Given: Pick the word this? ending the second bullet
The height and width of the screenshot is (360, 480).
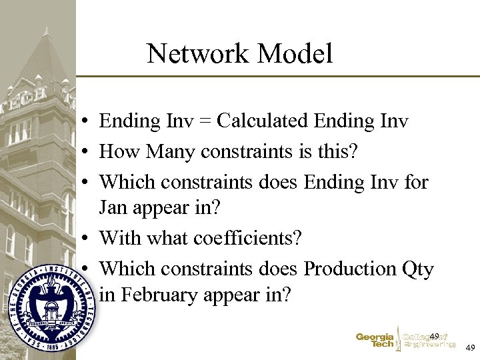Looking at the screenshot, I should (x=336, y=152).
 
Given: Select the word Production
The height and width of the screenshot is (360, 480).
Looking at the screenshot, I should (x=351, y=268).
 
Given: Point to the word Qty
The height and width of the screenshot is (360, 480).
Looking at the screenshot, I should (x=418, y=269).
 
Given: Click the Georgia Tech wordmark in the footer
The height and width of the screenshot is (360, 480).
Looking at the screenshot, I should (x=375, y=341).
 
